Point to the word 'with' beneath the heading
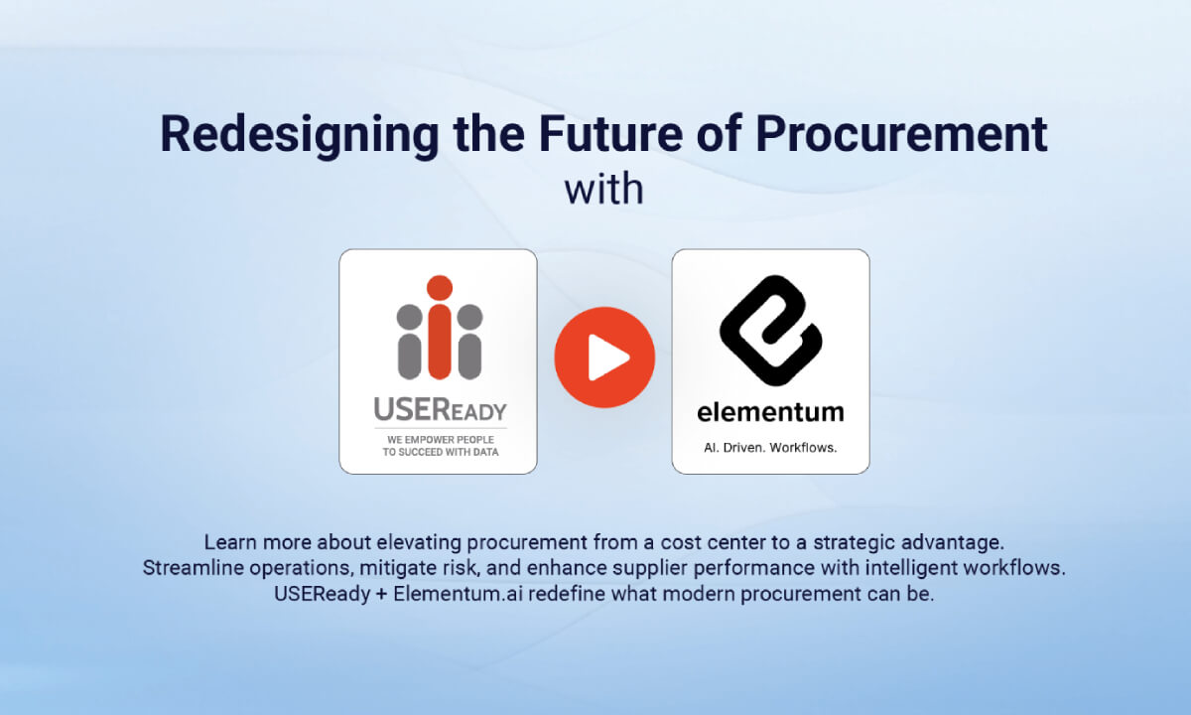(x=603, y=188)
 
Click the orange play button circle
(x=604, y=357)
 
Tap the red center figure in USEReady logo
(x=439, y=327)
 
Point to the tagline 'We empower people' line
(x=438, y=438)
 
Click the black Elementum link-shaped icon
(x=770, y=328)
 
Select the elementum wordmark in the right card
(x=770, y=411)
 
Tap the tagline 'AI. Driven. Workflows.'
(x=770, y=447)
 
